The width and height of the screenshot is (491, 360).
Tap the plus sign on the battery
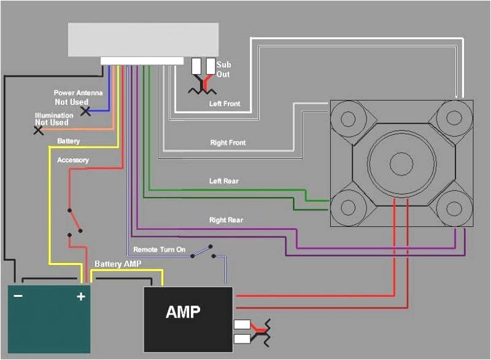(80, 297)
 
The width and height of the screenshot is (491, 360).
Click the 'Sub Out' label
(223, 69)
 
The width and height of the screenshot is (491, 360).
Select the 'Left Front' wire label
(225, 104)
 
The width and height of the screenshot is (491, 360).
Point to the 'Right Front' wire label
(228, 143)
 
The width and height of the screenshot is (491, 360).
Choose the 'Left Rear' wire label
(223, 182)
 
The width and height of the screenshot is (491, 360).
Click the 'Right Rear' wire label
(226, 220)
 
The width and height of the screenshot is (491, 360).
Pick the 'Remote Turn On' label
(159, 250)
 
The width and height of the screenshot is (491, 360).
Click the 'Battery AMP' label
(118, 264)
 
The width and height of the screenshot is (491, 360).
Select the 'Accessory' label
(72, 160)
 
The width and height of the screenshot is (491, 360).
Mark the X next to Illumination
(39, 130)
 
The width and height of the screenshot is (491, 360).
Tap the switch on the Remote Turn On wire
(203, 251)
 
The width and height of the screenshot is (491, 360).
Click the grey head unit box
(143, 40)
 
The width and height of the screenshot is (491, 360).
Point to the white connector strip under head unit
(142, 61)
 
